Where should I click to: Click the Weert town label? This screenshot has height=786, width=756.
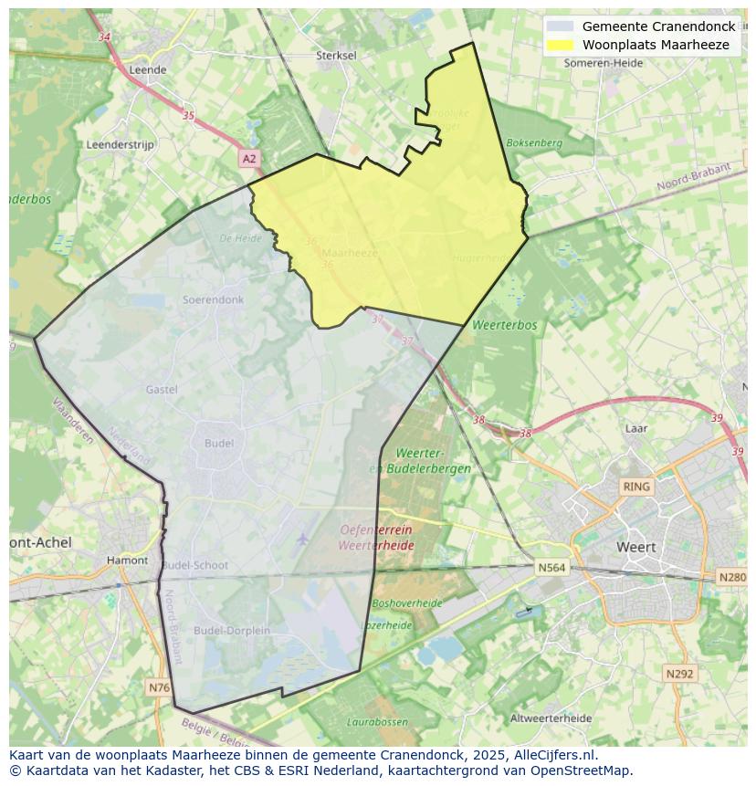point(636,547)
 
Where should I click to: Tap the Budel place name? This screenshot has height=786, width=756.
point(219,443)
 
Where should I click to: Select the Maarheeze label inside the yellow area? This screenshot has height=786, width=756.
point(350,253)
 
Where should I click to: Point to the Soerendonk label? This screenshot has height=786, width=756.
point(213,299)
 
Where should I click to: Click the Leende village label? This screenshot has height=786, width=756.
point(148,69)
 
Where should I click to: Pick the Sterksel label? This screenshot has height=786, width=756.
point(336,55)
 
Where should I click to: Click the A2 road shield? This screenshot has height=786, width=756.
point(249,159)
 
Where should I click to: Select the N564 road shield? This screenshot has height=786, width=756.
point(551,567)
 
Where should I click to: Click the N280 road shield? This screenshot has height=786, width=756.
point(732,577)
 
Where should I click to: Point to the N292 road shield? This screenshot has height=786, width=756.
point(679,674)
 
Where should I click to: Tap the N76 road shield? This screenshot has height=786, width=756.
point(159,686)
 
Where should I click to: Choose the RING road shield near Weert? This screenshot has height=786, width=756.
point(635,487)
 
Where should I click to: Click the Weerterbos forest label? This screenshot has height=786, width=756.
point(505,325)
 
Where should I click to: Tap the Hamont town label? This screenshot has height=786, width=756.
point(127,560)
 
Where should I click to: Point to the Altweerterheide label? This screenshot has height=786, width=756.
point(551,718)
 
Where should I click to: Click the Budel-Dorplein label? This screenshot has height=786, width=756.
point(232,630)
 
